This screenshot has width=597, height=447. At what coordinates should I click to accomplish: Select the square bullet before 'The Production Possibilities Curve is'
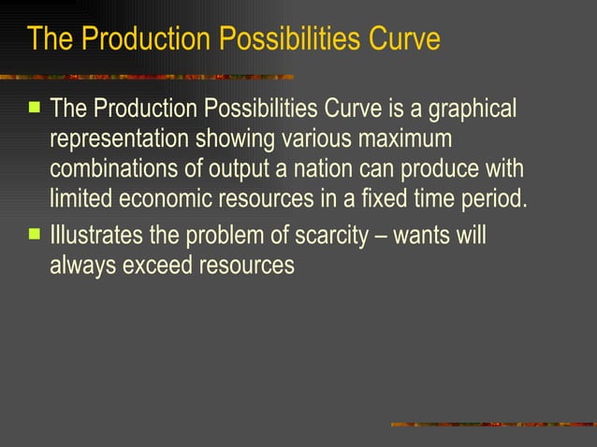(x=34, y=108)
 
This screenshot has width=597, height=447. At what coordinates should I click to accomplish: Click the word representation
(x=120, y=139)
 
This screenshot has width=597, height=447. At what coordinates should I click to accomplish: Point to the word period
(x=496, y=199)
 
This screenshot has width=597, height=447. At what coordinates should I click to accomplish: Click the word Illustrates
(x=97, y=234)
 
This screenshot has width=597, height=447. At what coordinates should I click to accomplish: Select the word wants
(x=421, y=234)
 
